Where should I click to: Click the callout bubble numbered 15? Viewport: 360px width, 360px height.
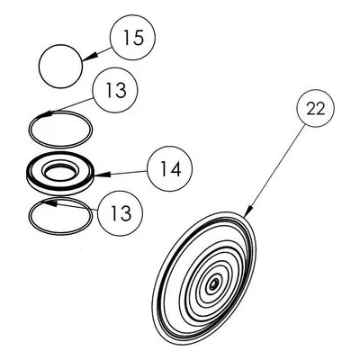(133, 37)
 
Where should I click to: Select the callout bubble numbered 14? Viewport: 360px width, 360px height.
(170, 168)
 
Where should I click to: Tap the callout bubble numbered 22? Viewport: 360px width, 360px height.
(316, 108)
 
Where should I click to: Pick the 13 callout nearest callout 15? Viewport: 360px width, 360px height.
(115, 90)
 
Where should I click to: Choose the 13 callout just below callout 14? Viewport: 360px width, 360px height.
(120, 213)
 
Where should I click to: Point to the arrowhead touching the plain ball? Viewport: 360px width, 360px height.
(89, 57)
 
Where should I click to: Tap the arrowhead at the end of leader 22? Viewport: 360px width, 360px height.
(248, 211)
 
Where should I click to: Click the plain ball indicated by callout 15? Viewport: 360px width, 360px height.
(60, 67)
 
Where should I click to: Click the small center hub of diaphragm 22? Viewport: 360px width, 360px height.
(213, 283)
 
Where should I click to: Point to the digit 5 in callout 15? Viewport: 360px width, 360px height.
(138, 38)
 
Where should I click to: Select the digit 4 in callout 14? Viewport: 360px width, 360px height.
(175, 169)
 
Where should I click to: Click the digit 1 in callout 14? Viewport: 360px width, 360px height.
(163, 169)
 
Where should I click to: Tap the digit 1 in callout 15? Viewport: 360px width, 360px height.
(127, 38)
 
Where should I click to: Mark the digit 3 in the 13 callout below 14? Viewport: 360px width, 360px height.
(124, 213)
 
